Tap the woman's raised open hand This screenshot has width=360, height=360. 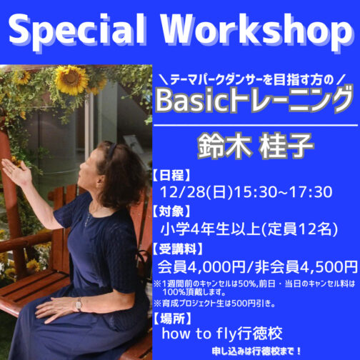coord(15,171)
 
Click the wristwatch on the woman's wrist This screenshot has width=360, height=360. coord(79,304)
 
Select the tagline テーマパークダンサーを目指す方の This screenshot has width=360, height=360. coord(254,75)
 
